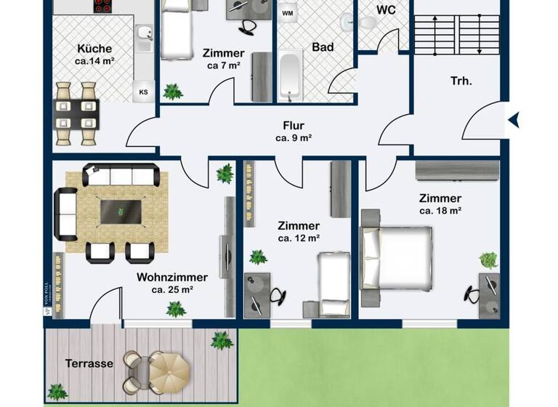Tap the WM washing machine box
(288, 12)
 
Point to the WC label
(385, 10)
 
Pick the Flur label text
(294, 124)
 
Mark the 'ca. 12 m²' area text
(299, 238)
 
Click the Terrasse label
(89, 363)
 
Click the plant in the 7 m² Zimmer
(173, 92)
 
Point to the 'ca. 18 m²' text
(440, 211)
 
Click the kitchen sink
(144, 33)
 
